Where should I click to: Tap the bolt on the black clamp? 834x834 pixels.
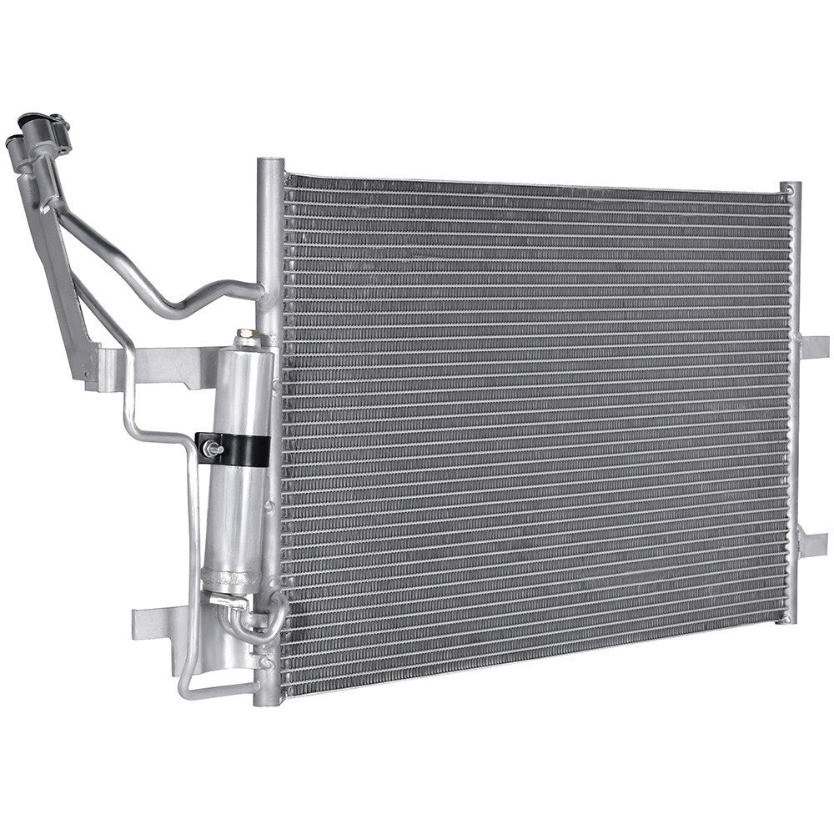pyautogui.click(x=211, y=451)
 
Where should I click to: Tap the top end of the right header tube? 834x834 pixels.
pyautogui.click(x=790, y=188)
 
